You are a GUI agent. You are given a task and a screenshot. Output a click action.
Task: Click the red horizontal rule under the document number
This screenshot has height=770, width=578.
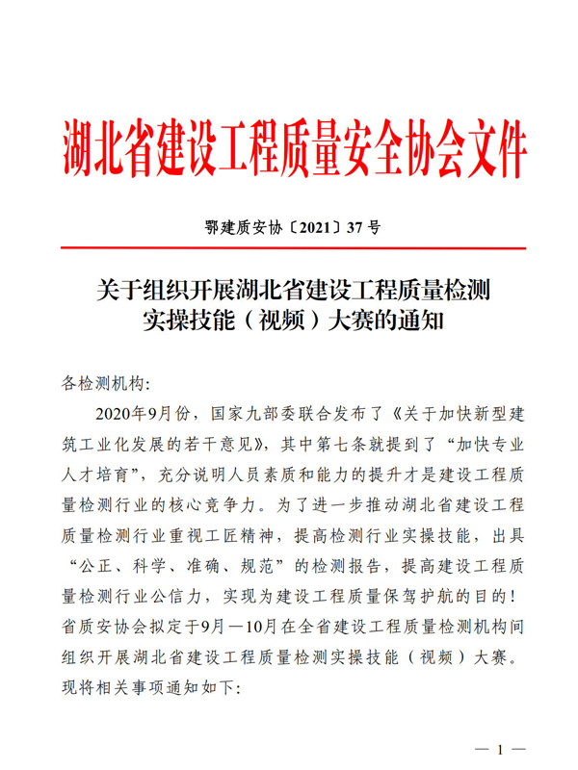point(289,249)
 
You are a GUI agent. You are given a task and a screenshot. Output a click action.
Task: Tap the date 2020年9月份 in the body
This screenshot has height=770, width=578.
point(141,416)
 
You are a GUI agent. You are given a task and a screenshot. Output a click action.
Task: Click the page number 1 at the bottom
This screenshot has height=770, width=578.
point(499,749)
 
